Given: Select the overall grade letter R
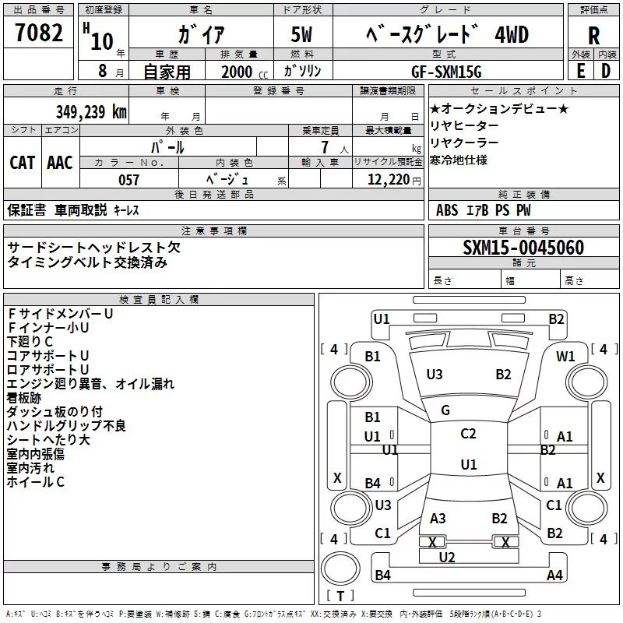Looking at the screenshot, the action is [x=593, y=36].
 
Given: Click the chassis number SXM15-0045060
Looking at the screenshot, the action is [x=523, y=248].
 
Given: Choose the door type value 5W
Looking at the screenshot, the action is [x=303, y=35].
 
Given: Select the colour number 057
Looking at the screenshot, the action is [x=128, y=180].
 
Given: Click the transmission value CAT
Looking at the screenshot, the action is [x=22, y=162].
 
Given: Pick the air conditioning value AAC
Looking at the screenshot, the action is [x=60, y=162].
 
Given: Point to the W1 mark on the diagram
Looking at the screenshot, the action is [x=565, y=357].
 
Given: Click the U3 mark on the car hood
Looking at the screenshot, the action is [x=435, y=375].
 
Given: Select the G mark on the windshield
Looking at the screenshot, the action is [x=445, y=410].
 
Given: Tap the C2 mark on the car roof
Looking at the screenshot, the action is [x=468, y=435].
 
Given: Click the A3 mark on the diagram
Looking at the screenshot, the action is [x=438, y=518].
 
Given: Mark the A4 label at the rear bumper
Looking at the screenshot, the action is [x=554, y=575].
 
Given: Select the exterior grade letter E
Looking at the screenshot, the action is [x=580, y=71].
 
